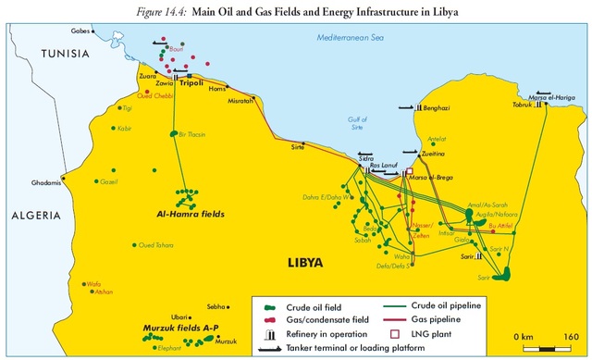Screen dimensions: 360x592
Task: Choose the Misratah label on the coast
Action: click(241, 101)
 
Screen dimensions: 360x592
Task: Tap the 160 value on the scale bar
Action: click(570, 334)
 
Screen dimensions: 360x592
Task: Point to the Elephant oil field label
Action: click(143, 349)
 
